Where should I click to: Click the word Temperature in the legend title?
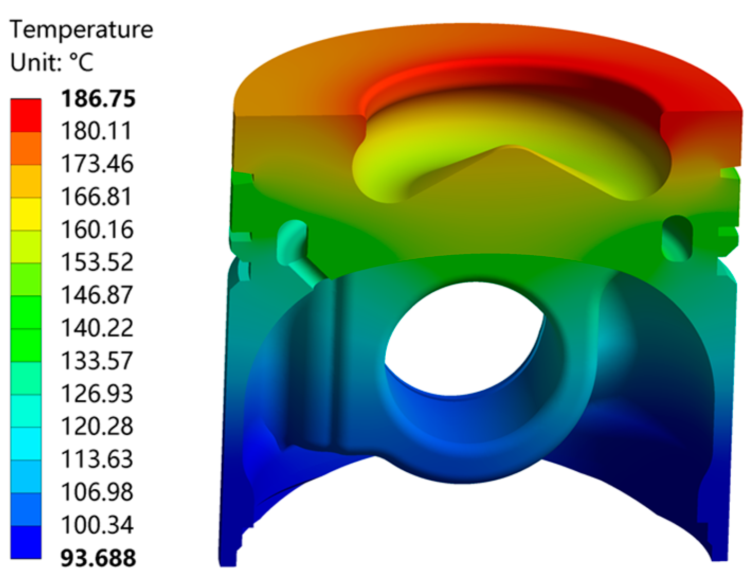[x=81, y=29]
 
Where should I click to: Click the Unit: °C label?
[x=52, y=62]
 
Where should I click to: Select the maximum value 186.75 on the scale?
[x=98, y=98]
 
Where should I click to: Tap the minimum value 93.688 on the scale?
[x=98, y=558]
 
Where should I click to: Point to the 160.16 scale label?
[x=97, y=230]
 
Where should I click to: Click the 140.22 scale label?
[x=97, y=328]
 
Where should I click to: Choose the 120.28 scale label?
[x=97, y=427]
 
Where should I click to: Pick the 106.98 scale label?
[x=97, y=492]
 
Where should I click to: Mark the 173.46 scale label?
[x=97, y=164]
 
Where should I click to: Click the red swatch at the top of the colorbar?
[x=26, y=115]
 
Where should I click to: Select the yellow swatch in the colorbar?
[x=26, y=214]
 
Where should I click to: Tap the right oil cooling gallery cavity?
[x=677, y=236]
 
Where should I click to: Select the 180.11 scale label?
[x=97, y=131]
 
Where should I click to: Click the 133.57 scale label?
[x=97, y=361]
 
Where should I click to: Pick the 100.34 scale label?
[x=97, y=525]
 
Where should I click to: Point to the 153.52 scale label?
[x=97, y=263]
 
